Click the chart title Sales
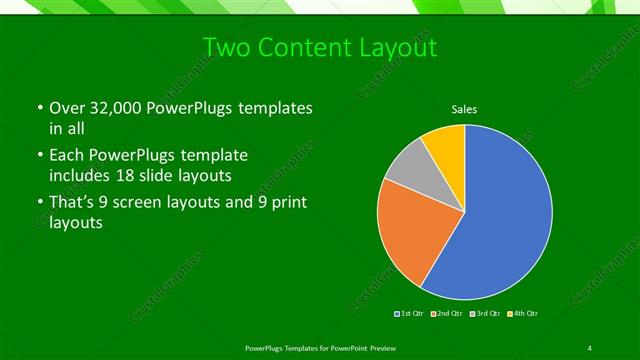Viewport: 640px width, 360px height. click(465, 109)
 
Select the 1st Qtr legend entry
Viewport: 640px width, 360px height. click(410, 314)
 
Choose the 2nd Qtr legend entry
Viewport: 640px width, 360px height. click(447, 314)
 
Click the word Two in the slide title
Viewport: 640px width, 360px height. click(225, 48)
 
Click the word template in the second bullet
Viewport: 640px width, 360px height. click(214, 156)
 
